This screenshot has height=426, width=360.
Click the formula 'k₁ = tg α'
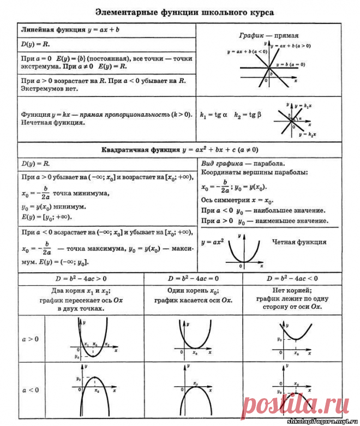click(214, 116)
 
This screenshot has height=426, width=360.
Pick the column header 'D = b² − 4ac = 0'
click(193, 278)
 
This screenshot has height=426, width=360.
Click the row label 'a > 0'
click(30, 339)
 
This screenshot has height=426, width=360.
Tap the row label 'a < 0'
click(30, 390)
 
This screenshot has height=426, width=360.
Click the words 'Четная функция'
click(299, 242)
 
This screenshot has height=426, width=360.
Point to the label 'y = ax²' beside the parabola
click(212, 242)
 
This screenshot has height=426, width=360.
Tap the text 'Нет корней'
click(291, 290)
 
